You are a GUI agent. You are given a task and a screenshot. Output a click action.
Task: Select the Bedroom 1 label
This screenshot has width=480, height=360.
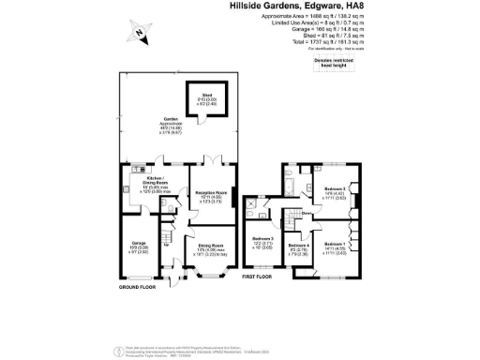click(335, 244)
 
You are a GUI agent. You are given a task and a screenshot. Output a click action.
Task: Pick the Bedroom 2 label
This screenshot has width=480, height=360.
click(336, 189)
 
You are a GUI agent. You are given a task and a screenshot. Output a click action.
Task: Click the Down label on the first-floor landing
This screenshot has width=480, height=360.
click(307, 215)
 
